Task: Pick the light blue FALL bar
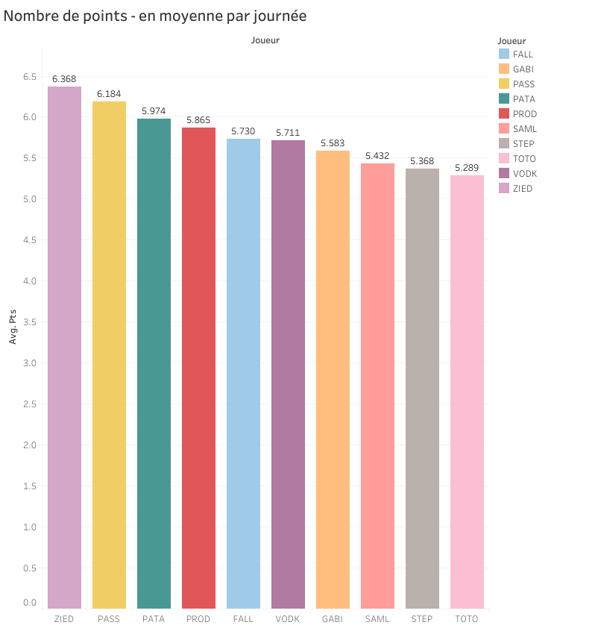point(243,374)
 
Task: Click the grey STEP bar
point(422,389)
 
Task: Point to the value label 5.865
point(198,119)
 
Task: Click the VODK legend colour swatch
point(503,174)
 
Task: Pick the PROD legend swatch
point(503,114)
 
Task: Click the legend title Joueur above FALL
point(512,40)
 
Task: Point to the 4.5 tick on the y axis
point(28,240)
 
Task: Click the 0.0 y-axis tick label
point(28,602)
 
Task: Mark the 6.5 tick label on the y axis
point(28,76)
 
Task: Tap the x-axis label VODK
point(288,619)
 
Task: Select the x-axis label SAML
point(377,619)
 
